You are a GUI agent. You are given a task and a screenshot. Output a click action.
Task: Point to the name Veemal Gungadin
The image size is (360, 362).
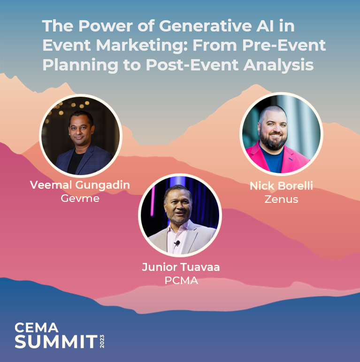pyautogui.click(x=80, y=185)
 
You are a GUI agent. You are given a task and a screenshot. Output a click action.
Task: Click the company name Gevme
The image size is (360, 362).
pyautogui.click(x=80, y=198)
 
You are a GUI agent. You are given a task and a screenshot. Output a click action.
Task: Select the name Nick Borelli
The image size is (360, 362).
pyautogui.click(x=281, y=186)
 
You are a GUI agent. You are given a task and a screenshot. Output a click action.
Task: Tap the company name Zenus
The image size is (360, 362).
pyautogui.click(x=281, y=200)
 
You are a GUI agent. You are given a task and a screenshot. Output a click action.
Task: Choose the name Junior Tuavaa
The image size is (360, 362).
pyautogui.click(x=181, y=268)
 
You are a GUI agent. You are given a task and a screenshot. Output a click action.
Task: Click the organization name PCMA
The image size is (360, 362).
pyautogui.click(x=181, y=280)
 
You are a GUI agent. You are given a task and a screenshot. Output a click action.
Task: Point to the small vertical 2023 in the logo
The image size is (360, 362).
pyautogui.click(x=102, y=341)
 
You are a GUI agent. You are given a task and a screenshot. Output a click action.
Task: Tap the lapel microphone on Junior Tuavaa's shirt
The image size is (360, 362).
pyautogui.click(x=177, y=243)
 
